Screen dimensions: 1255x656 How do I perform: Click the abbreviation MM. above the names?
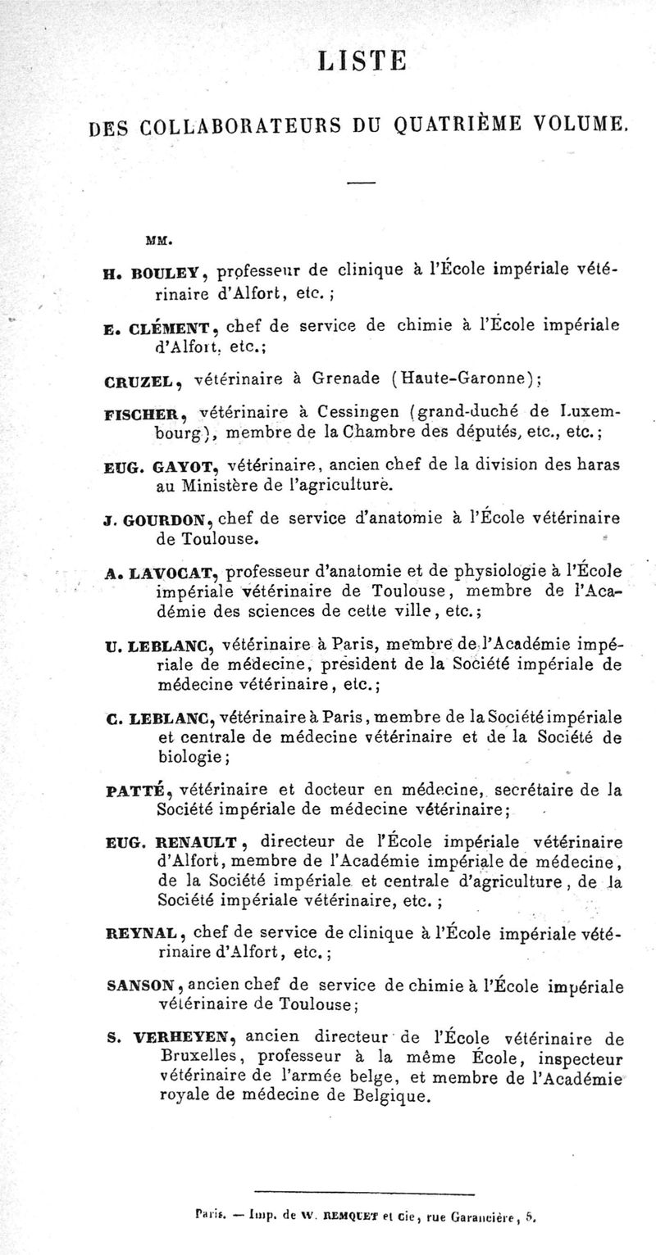click(x=157, y=241)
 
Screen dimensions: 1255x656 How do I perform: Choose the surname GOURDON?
click(x=172, y=519)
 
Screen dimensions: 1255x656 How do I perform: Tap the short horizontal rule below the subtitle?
click(x=360, y=183)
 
